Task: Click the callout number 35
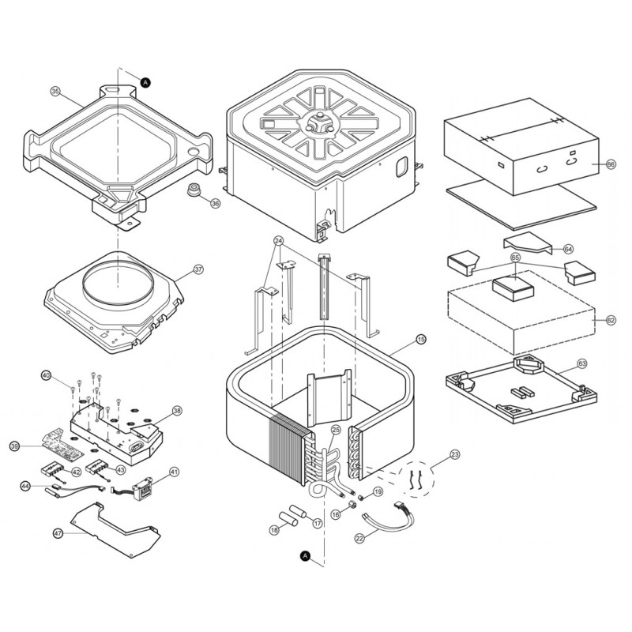click(x=55, y=92)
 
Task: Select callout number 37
click(x=198, y=269)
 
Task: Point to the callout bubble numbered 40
click(x=46, y=374)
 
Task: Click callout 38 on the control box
click(x=177, y=411)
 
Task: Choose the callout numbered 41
click(x=174, y=471)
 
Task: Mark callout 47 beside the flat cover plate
click(x=58, y=534)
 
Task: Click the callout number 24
click(x=278, y=240)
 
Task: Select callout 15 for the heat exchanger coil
click(x=420, y=339)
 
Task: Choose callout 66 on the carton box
click(x=610, y=164)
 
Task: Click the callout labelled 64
click(x=568, y=248)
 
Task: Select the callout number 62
click(x=610, y=320)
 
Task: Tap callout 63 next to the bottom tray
click(x=582, y=364)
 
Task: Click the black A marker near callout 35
click(x=145, y=81)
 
